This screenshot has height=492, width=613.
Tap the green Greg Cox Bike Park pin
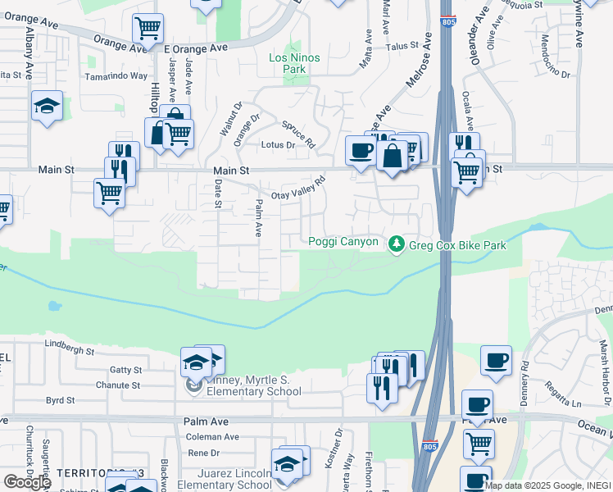click(397, 244)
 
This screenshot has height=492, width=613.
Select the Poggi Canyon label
click(343, 241)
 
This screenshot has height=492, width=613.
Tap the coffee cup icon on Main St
click(360, 150)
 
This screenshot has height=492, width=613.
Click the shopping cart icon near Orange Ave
click(148, 30)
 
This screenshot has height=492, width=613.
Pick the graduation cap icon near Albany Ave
click(47, 106)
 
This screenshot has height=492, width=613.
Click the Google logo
click(26, 481)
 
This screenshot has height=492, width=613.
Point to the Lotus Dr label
click(277, 145)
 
